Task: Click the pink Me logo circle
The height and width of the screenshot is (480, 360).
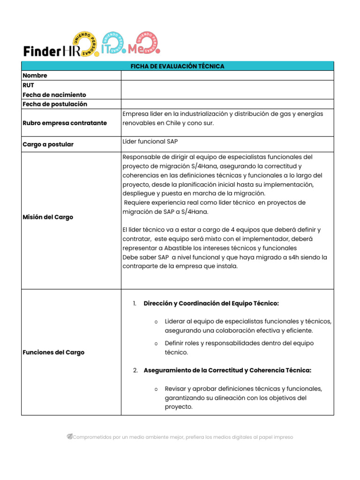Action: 146,44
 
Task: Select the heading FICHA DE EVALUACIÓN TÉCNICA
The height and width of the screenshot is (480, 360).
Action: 177,66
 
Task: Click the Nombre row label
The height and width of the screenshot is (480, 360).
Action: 35,75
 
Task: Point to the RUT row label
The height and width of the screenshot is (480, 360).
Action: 29,85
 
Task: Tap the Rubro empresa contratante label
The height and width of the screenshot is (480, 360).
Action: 65,123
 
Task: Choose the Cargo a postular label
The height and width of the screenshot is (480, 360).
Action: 48,144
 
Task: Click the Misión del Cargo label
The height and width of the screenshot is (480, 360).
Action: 48,217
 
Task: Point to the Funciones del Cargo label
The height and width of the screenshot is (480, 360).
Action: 53,352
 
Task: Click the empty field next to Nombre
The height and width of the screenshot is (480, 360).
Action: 227,75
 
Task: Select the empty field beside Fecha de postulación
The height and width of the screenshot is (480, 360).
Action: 227,104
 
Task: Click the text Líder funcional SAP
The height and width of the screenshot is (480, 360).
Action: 150,141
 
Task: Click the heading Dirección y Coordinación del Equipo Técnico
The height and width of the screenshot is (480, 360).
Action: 211,304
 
